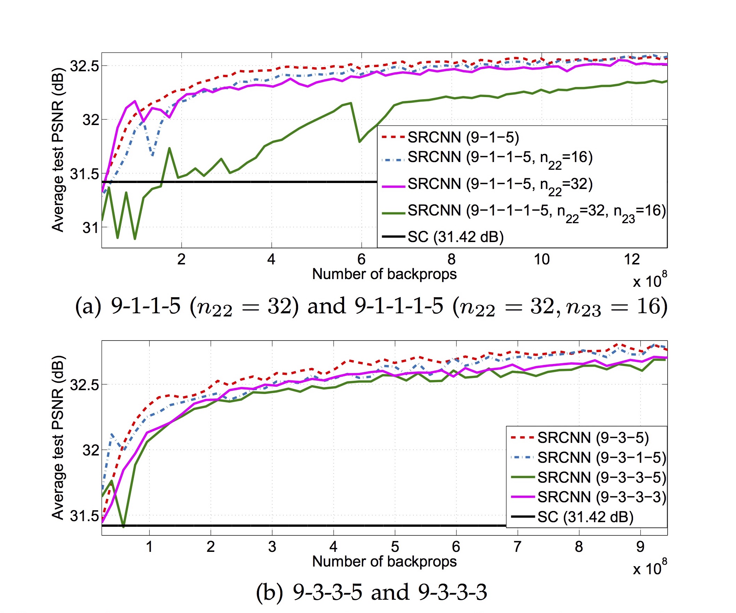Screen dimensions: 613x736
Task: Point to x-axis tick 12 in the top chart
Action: click(x=632, y=260)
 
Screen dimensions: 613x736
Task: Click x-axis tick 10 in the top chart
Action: click(x=542, y=260)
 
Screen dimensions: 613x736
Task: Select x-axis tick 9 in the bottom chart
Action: click(x=640, y=547)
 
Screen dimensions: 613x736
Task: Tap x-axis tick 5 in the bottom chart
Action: click(x=395, y=547)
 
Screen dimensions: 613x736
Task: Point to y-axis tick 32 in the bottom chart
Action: click(x=90, y=450)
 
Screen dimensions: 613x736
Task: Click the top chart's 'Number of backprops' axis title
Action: click(x=384, y=274)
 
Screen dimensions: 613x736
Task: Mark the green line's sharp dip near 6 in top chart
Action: click(x=359, y=142)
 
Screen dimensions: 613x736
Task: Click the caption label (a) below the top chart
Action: click(x=88, y=306)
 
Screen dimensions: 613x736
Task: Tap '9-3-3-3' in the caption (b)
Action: click(x=453, y=592)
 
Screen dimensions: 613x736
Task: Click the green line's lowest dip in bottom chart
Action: click(x=124, y=526)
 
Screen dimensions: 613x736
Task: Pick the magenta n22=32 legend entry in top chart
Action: click(x=499, y=184)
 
